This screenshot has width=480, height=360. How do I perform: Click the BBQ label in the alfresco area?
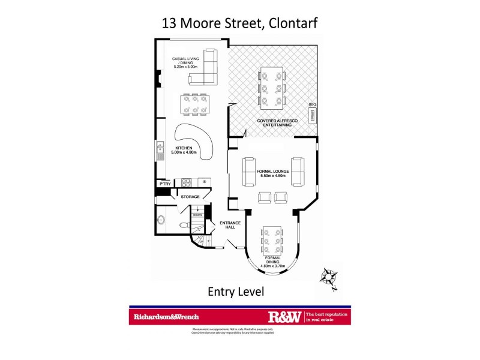pyautogui.click(x=312, y=104)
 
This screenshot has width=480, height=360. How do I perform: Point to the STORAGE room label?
pyautogui.click(x=190, y=196)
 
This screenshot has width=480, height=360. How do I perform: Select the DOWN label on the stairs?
pyautogui.click(x=197, y=214)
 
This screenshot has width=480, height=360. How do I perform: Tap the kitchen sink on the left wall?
pyautogui.click(x=160, y=151)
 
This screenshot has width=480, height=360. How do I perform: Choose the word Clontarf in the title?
pyautogui.click(x=290, y=23)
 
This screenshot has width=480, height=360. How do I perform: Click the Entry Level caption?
pyautogui.click(x=236, y=292)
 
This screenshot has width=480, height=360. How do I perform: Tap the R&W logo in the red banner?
pyautogui.click(x=285, y=316)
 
